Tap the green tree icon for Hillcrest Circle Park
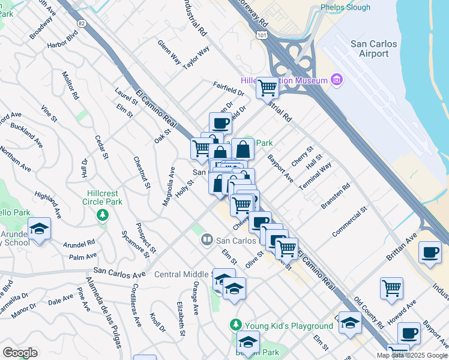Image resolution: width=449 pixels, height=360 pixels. pyautogui.click(x=103, y=214)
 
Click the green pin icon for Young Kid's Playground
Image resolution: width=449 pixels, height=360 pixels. pyautogui.click(x=237, y=325)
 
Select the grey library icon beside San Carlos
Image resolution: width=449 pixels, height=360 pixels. pyautogui.click(x=206, y=240)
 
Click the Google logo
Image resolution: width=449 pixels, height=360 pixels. pyautogui.click(x=20, y=353)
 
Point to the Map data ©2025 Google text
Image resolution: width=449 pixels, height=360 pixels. pyautogui.click(x=411, y=355)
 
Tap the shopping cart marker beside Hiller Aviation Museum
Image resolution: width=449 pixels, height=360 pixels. pyautogui.click(x=267, y=88)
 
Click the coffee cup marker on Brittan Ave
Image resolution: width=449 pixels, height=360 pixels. pyautogui.click(x=430, y=252)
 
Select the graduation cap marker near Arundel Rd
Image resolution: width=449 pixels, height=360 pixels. pyautogui.click(x=40, y=229)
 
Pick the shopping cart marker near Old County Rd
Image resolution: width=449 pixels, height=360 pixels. pyautogui.click(x=391, y=287)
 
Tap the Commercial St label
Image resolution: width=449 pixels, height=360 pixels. pyautogui.click(x=351, y=223)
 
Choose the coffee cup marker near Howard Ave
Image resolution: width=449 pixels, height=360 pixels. pyautogui.click(x=409, y=332)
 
